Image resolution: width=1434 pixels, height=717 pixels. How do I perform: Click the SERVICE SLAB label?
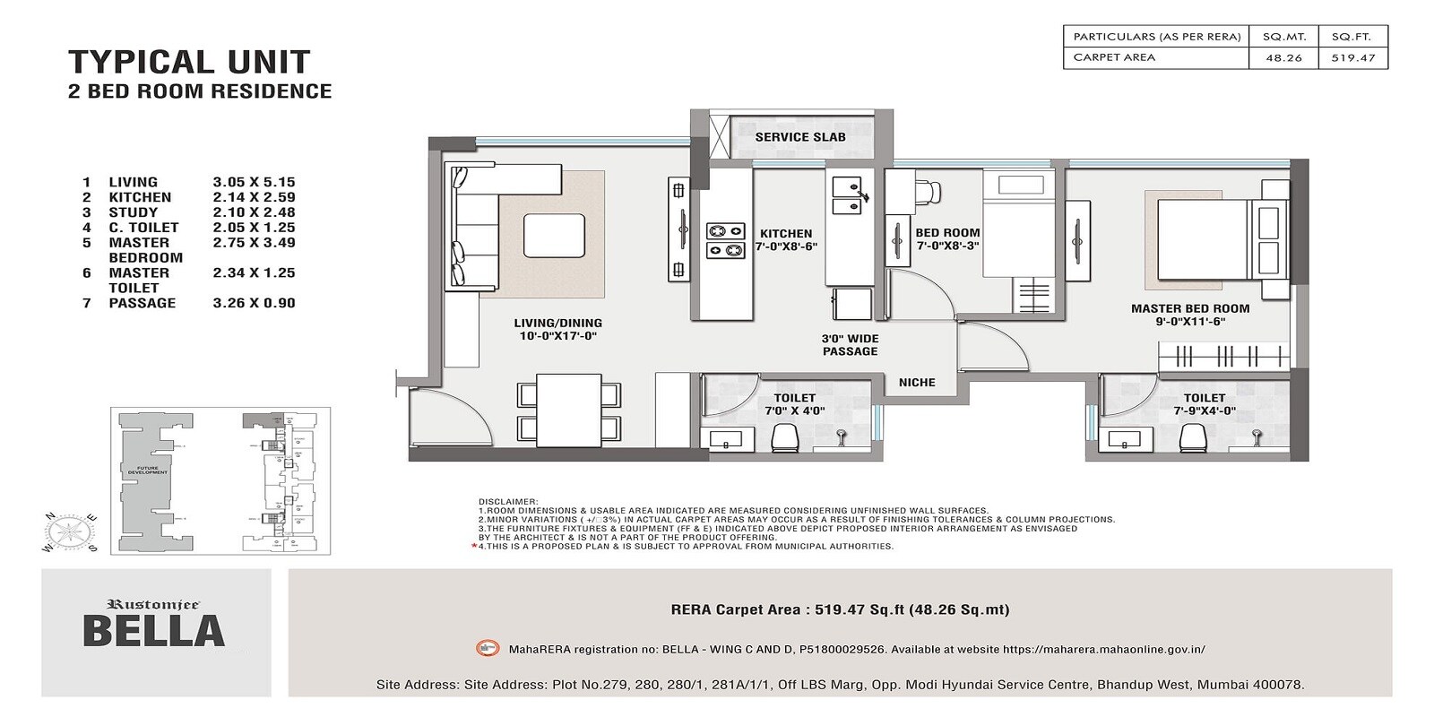799,137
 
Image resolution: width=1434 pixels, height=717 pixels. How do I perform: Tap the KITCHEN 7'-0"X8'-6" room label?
786,239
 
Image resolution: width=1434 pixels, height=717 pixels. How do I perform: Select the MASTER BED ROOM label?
1189,315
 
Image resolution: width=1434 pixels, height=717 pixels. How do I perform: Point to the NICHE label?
917,383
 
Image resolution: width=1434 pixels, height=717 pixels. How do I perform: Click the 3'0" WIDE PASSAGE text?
850,345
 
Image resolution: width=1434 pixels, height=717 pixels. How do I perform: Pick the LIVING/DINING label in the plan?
557,329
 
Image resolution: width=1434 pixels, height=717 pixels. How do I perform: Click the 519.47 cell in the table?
1352,57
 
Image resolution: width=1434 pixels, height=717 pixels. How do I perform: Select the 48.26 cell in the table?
1283,57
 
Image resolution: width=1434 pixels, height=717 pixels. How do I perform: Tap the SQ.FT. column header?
1352,37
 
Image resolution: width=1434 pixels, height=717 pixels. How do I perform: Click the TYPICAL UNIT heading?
189,62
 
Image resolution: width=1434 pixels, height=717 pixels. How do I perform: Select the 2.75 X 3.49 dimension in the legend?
254,243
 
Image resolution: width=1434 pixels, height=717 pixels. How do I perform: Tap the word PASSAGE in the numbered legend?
143,303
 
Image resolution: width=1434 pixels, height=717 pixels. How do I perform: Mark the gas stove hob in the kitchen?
726,240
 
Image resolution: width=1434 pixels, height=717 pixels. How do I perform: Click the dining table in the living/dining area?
568,410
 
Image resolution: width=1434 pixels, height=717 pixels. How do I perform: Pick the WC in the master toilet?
1193,438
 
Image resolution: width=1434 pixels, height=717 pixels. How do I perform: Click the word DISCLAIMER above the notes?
508,502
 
